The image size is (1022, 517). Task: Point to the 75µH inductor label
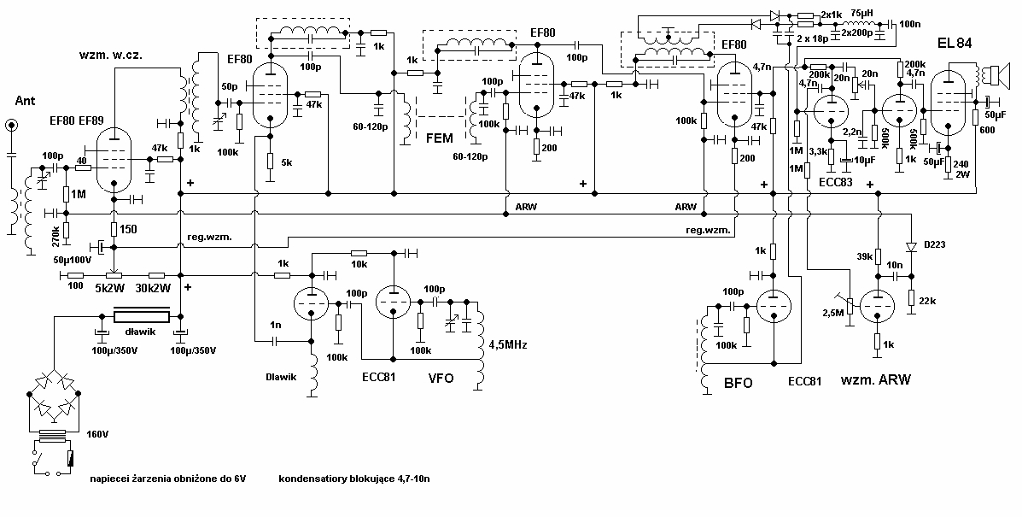point(861,15)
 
